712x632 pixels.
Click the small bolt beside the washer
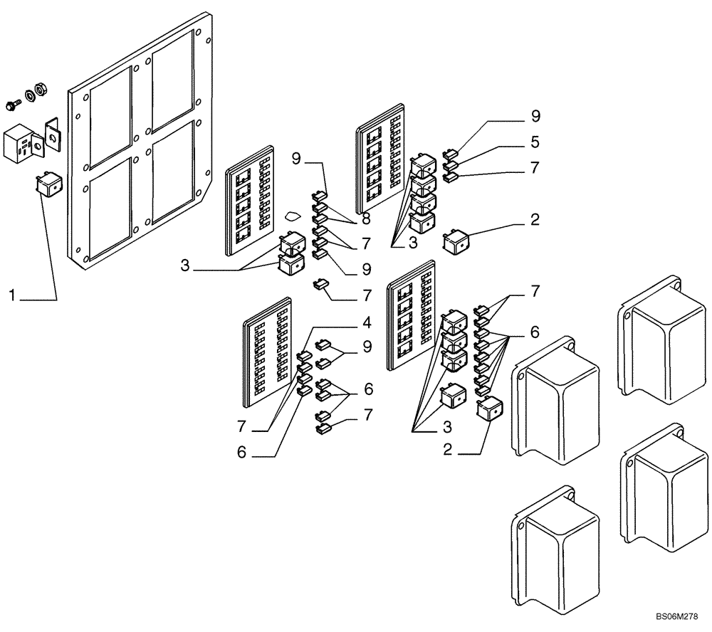(x=14, y=105)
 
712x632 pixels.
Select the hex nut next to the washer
(x=41, y=90)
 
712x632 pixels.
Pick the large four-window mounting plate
(x=142, y=142)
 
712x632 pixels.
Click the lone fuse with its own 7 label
(x=322, y=286)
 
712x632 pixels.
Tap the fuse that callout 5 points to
(x=450, y=165)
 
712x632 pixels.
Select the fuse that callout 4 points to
(x=303, y=358)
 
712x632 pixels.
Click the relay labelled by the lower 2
(x=488, y=410)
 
